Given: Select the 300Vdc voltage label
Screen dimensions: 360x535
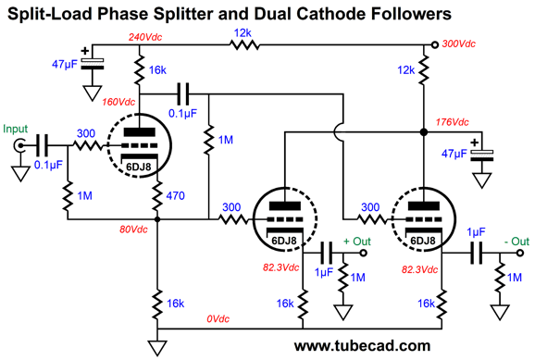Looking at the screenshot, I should pyautogui.click(x=459, y=43).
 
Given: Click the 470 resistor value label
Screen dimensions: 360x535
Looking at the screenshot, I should pyautogui.click(x=178, y=196).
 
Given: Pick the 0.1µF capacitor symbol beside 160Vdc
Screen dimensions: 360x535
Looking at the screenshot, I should pyautogui.click(x=183, y=93).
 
